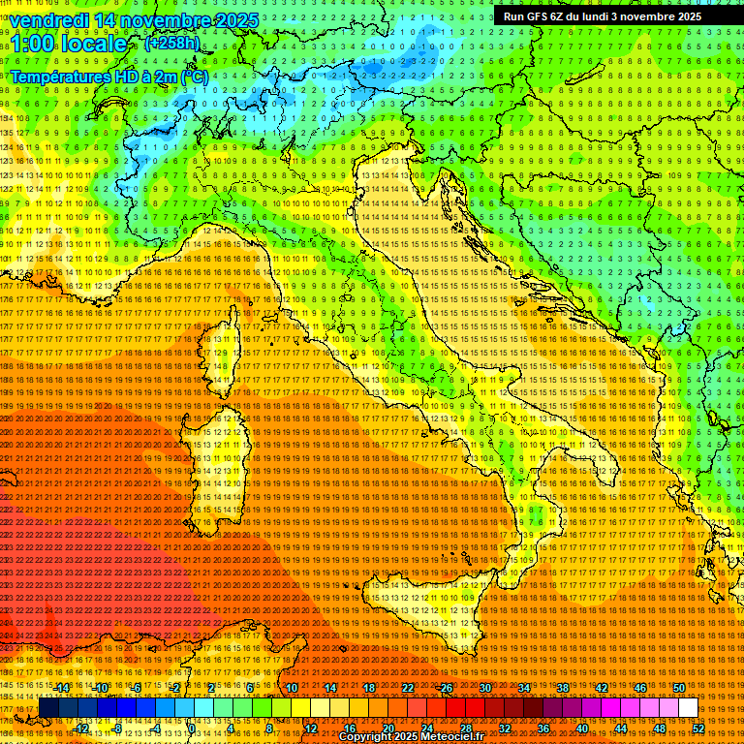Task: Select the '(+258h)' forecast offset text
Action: click(172, 43)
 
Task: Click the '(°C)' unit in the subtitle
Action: click(194, 76)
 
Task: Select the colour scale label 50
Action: click(678, 688)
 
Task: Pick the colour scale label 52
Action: click(697, 728)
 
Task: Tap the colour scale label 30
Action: click(484, 688)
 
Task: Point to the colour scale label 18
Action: click(368, 688)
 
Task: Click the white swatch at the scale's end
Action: click(688, 708)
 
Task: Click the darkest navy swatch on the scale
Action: click(48, 708)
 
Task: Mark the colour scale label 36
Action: click(542, 728)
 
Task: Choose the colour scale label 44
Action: click(620, 728)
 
